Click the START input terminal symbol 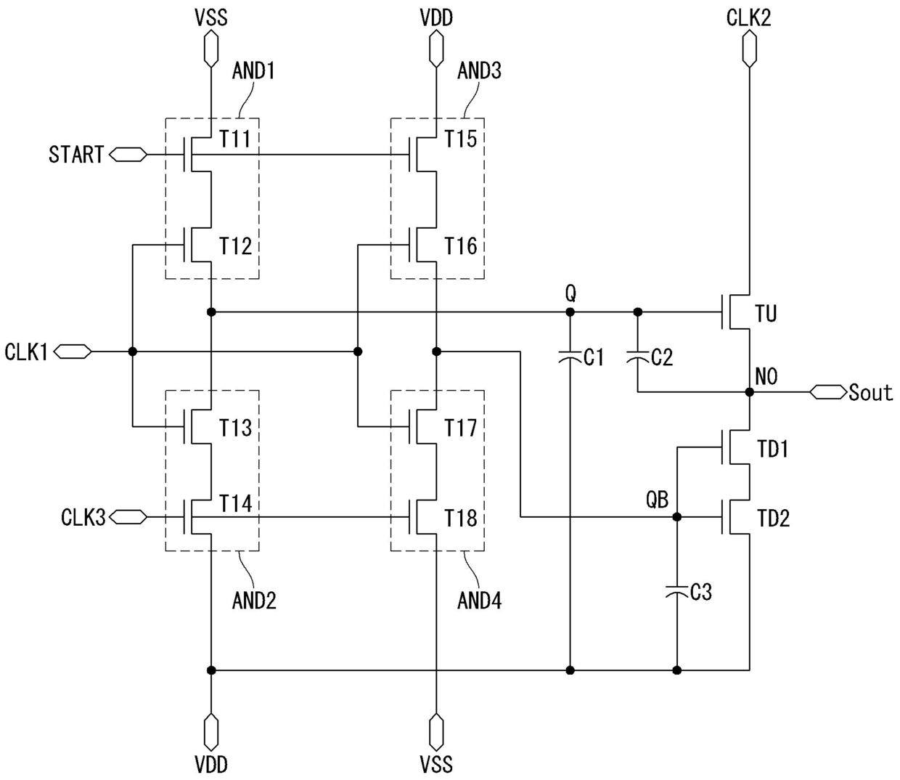[x=128, y=155]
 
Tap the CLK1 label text [x=26, y=352]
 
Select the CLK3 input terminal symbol [x=128, y=517]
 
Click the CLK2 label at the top [x=749, y=18]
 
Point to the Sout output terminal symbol [x=829, y=392]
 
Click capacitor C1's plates [x=570, y=357]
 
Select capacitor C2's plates [x=638, y=357]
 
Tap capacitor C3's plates [x=677, y=592]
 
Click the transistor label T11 [x=235, y=139]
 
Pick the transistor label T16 [x=461, y=245]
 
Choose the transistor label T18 [x=461, y=519]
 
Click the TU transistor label [x=766, y=313]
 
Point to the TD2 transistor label [x=774, y=519]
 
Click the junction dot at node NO [x=749, y=392]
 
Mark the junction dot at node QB [x=677, y=517]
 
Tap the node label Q [x=570, y=295]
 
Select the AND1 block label [x=253, y=70]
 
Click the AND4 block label [x=479, y=601]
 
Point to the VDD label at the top [x=436, y=18]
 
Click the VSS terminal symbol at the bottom [x=436, y=733]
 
